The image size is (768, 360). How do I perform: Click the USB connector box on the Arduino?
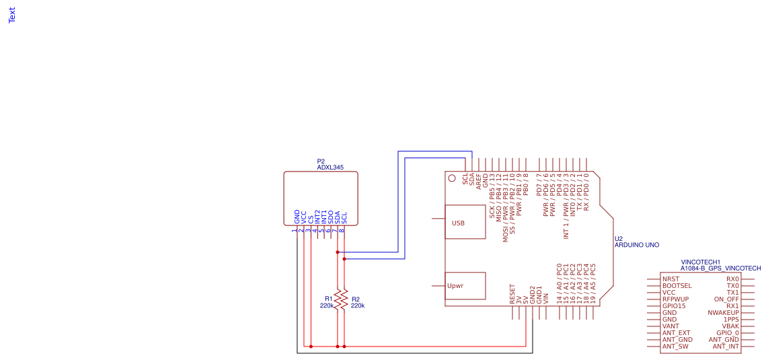pos(465,222)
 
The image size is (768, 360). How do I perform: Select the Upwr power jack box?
pos(465,285)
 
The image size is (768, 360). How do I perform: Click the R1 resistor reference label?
pos(329,298)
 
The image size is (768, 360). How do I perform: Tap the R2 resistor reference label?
pos(356,299)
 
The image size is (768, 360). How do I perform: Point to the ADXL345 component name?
pos(330,167)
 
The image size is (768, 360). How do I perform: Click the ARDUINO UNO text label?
pos(637,246)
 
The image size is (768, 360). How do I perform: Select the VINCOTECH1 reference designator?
pos(701,262)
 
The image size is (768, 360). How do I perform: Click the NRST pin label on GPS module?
pos(670,279)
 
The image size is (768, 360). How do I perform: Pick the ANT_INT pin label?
pos(726,347)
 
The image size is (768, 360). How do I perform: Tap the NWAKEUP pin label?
pos(723,313)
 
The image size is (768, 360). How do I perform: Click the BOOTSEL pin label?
pos(677,285)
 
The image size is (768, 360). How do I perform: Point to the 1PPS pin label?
pos(731,320)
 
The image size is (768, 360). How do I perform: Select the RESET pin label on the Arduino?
pos(512,294)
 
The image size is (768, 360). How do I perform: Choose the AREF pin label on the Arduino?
pos(479,180)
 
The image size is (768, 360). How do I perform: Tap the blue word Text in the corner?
pos(12,15)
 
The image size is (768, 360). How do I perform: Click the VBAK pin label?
pos(730,326)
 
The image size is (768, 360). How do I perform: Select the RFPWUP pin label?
pos(675,299)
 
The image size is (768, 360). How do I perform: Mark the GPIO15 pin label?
pos(674,305)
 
